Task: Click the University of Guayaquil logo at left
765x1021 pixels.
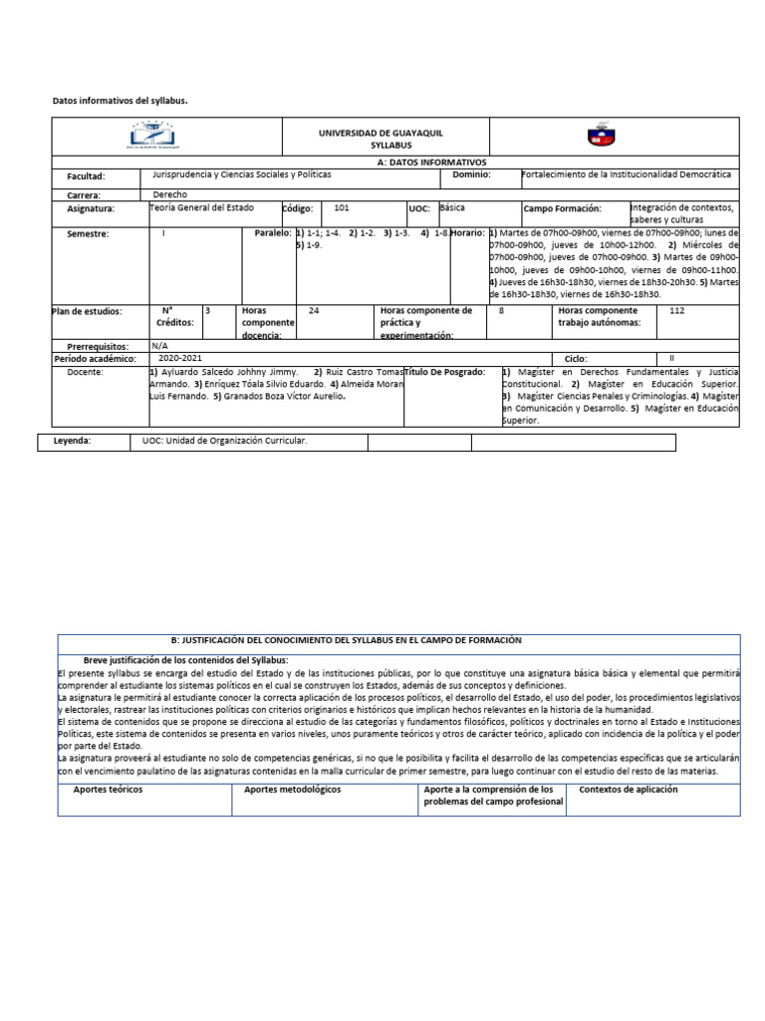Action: [x=151, y=136]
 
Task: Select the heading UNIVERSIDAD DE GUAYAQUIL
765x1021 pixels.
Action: [x=381, y=133]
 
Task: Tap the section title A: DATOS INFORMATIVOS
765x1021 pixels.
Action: [x=431, y=162]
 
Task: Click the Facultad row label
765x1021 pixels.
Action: [x=86, y=176]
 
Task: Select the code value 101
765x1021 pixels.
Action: [x=342, y=208]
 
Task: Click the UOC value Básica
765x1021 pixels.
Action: [x=451, y=208]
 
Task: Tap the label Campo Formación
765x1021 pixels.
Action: [x=563, y=209]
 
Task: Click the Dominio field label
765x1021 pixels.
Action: [x=471, y=174]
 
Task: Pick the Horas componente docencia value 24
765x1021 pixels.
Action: [x=314, y=311]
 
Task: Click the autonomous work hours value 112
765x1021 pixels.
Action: [x=677, y=311]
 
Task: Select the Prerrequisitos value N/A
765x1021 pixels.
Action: [x=159, y=345]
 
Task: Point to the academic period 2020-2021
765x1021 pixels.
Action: [x=179, y=357]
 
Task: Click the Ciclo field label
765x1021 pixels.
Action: [x=576, y=358]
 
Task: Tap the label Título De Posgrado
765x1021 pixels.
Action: [x=444, y=372]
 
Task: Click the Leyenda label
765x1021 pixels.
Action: [x=72, y=440]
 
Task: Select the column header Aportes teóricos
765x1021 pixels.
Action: [x=108, y=790]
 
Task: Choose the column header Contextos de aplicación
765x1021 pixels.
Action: [x=628, y=790]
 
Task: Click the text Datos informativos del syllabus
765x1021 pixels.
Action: [x=120, y=101]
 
